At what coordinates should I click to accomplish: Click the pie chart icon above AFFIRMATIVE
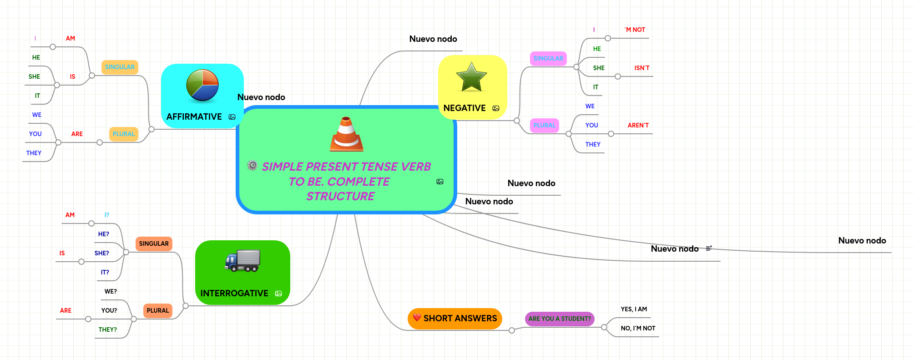(x=202, y=85)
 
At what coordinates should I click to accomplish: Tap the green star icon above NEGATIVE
(x=471, y=77)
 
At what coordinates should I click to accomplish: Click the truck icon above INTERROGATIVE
(x=242, y=261)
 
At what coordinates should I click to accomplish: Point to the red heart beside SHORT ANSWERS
(x=417, y=317)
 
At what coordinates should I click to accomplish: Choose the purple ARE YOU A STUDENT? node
(x=560, y=319)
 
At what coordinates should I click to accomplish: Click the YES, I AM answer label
(x=634, y=309)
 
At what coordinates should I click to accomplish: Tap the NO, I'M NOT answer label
(x=638, y=328)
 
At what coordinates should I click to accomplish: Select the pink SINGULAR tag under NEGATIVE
(x=548, y=58)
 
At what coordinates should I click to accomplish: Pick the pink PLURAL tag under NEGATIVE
(x=544, y=125)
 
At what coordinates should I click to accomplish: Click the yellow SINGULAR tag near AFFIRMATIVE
(x=120, y=67)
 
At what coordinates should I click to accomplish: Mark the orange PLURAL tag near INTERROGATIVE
(x=158, y=310)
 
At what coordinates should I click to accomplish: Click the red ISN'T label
(x=642, y=68)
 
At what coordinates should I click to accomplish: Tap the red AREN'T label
(x=638, y=125)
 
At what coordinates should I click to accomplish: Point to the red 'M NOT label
(x=635, y=30)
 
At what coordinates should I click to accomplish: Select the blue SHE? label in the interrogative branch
(x=102, y=253)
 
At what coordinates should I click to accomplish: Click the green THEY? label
(x=108, y=330)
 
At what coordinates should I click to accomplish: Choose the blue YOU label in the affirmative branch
(x=35, y=134)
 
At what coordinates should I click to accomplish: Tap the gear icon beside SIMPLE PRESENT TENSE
(x=252, y=165)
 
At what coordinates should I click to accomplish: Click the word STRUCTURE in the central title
(x=340, y=196)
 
